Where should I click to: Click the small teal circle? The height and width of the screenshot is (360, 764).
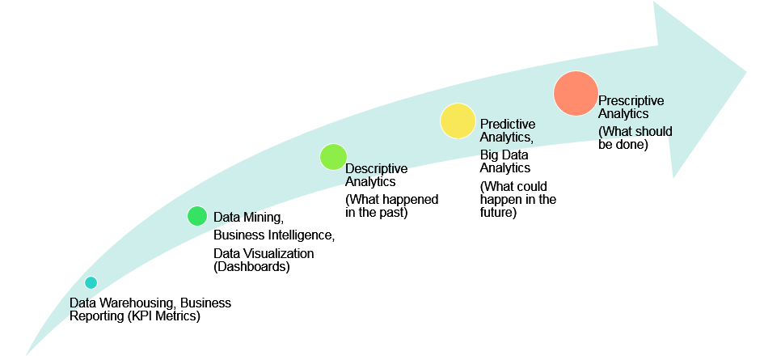coord(91,282)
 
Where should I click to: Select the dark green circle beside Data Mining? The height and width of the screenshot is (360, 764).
coord(197,216)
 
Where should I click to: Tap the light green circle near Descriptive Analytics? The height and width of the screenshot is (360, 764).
coord(333,157)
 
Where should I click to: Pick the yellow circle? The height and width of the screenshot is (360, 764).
coord(458,121)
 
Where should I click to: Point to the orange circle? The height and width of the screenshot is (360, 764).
coord(576,94)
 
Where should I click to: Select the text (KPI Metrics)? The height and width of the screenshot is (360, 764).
coord(164,316)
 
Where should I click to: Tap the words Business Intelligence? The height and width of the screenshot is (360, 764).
coord(274,235)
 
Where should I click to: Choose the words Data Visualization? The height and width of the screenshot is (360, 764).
coord(264,254)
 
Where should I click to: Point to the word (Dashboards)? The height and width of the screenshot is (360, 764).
coord(252,267)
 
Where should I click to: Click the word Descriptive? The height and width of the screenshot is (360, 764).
coord(376,169)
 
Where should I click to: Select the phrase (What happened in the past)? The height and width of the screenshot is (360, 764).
coord(392,206)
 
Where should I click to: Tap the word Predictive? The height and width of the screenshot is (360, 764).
coord(508,125)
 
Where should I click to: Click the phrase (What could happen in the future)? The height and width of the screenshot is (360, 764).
coord(518,200)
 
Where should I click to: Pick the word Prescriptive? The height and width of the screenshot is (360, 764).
coord(631,100)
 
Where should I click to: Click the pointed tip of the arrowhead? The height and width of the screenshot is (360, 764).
coord(746,73)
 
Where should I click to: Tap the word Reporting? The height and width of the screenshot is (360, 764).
coord(97,316)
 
